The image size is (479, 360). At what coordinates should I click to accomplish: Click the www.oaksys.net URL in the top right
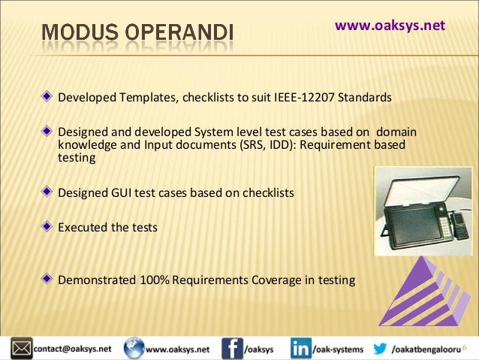click(x=390, y=26)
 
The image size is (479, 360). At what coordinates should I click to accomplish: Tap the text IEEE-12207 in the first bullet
click(x=309, y=98)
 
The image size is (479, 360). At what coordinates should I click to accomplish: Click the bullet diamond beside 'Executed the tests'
click(x=47, y=225)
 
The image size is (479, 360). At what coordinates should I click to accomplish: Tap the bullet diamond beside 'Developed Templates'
click(x=47, y=98)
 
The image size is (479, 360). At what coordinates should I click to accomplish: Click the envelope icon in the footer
click(x=20, y=349)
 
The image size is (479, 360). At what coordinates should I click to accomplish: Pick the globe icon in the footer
click(x=134, y=349)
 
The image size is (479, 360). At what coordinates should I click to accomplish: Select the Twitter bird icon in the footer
click(x=380, y=349)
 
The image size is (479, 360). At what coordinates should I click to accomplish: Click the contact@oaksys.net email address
click(x=71, y=349)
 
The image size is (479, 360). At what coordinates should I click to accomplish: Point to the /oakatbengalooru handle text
click(x=427, y=349)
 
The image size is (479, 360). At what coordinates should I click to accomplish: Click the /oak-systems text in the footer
click(x=339, y=349)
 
